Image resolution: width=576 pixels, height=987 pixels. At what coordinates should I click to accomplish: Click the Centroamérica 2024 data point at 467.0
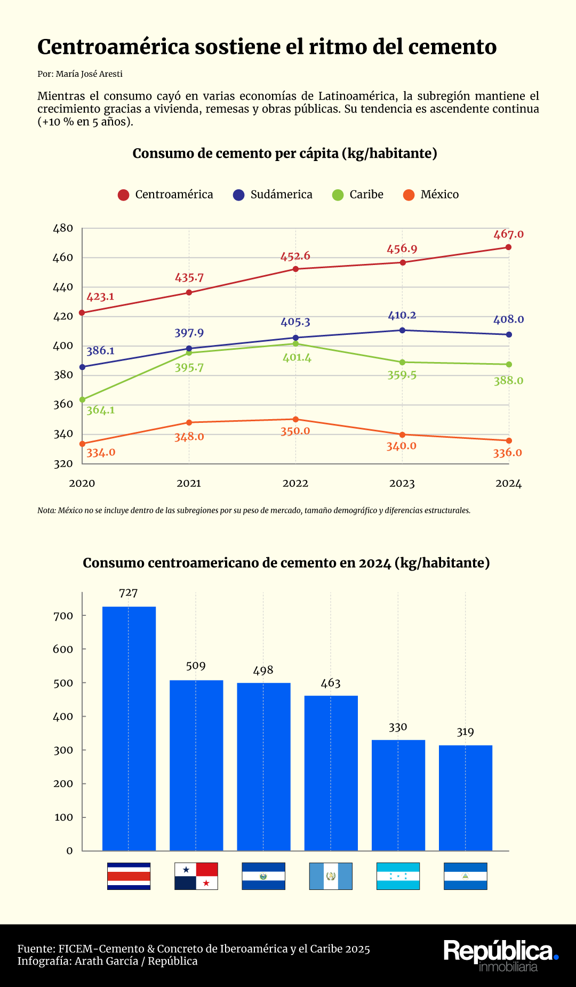(508, 247)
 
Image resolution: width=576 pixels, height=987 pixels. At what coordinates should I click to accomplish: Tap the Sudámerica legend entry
(273, 195)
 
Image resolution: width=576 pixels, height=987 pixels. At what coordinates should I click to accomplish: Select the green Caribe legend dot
(338, 195)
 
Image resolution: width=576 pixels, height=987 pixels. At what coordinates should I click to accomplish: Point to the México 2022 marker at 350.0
(295, 420)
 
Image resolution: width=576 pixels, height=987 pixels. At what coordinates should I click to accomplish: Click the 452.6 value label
(295, 256)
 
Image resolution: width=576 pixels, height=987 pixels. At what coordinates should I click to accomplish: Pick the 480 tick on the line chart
(63, 228)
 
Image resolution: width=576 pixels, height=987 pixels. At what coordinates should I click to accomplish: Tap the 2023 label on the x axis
(402, 484)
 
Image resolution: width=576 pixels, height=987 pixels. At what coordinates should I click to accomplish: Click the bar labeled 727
(129, 728)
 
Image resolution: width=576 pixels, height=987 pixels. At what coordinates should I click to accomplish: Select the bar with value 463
(331, 773)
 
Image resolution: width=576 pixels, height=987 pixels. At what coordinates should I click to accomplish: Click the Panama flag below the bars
(196, 876)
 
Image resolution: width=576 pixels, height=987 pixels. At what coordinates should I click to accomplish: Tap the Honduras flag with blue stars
(398, 876)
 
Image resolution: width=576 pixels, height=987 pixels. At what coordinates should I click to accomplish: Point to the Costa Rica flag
(129, 876)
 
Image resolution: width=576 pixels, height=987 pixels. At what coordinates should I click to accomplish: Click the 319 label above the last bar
(465, 732)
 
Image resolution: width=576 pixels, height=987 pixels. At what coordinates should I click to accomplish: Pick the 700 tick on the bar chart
(63, 616)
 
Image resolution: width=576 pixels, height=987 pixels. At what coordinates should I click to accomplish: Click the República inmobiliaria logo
(500, 954)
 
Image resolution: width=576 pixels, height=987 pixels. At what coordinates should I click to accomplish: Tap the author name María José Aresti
(89, 74)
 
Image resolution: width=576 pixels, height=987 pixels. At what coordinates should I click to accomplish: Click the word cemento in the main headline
(453, 47)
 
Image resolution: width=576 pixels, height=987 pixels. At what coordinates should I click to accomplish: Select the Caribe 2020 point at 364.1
(82, 399)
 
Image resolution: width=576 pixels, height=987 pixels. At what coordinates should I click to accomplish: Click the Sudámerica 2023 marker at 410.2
(402, 331)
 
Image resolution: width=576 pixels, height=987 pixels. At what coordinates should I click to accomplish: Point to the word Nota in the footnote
(46, 511)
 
